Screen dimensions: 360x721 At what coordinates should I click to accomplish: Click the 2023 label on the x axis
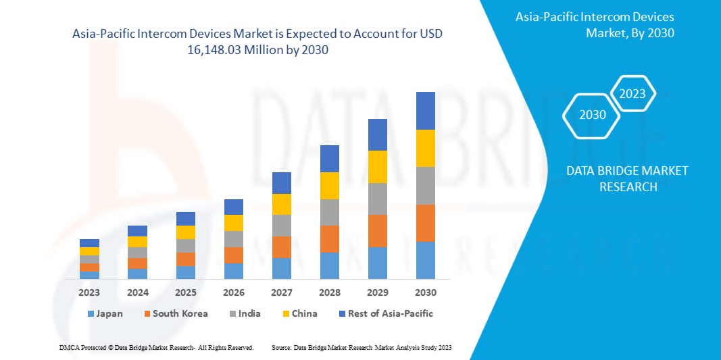click(x=89, y=292)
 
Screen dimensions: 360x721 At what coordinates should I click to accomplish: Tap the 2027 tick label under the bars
click(x=282, y=292)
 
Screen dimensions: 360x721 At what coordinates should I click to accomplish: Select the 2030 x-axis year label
click(x=426, y=292)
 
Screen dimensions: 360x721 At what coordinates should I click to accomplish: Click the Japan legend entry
click(x=105, y=313)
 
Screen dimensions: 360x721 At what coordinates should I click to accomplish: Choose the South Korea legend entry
click(x=175, y=313)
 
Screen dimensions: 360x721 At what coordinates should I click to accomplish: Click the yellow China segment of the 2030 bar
click(x=426, y=148)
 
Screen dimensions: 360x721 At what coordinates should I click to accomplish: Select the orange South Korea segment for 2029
click(x=378, y=231)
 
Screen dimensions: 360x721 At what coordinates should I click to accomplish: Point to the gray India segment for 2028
click(x=330, y=212)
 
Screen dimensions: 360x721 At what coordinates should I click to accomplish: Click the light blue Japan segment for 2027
click(x=282, y=268)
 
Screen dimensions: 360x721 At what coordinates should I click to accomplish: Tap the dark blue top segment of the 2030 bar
click(x=426, y=111)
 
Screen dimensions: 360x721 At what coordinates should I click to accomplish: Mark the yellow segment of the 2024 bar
click(x=137, y=242)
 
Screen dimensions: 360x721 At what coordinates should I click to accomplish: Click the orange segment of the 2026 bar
click(x=234, y=255)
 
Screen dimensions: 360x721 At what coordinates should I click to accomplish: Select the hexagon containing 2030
click(x=593, y=115)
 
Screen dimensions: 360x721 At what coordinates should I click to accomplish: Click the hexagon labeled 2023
click(x=632, y=94)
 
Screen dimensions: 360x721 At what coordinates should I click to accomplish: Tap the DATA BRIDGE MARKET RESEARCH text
click(x=627, y=179)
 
